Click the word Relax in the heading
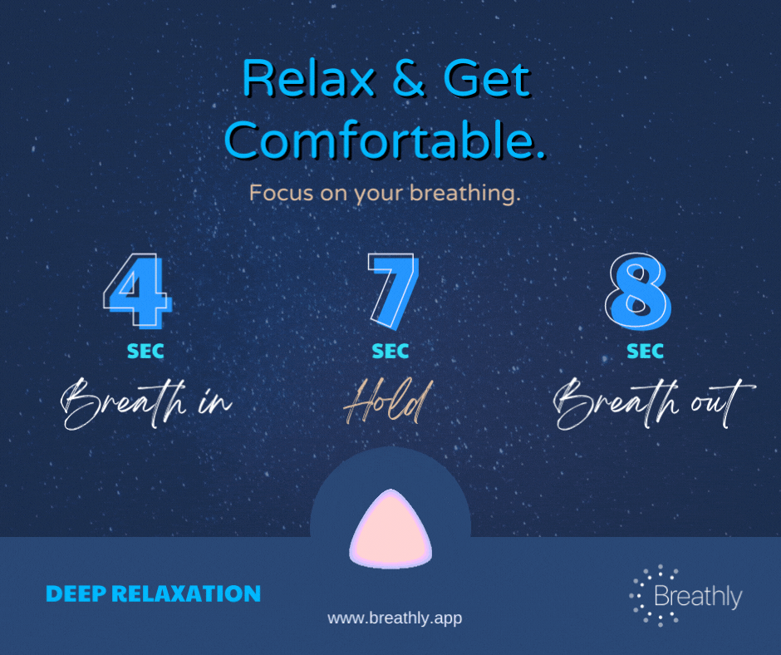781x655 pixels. (308, 78)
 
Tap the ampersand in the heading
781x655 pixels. (409, 78)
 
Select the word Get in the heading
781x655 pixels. (487, 78)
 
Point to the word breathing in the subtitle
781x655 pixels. (464, 194)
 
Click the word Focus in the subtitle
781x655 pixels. (281, 193)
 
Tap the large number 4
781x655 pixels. (137, 291)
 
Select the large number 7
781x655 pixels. (393, 291)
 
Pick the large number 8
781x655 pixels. (639, 291)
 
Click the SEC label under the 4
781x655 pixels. (145, 352)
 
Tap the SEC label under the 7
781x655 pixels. (390, 352)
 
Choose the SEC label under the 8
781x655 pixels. (645, 352)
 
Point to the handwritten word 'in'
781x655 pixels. (215, 401)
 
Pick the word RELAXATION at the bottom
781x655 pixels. (186, 593)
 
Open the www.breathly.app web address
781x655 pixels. (395, 618)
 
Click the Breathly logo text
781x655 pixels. (698, 596)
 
